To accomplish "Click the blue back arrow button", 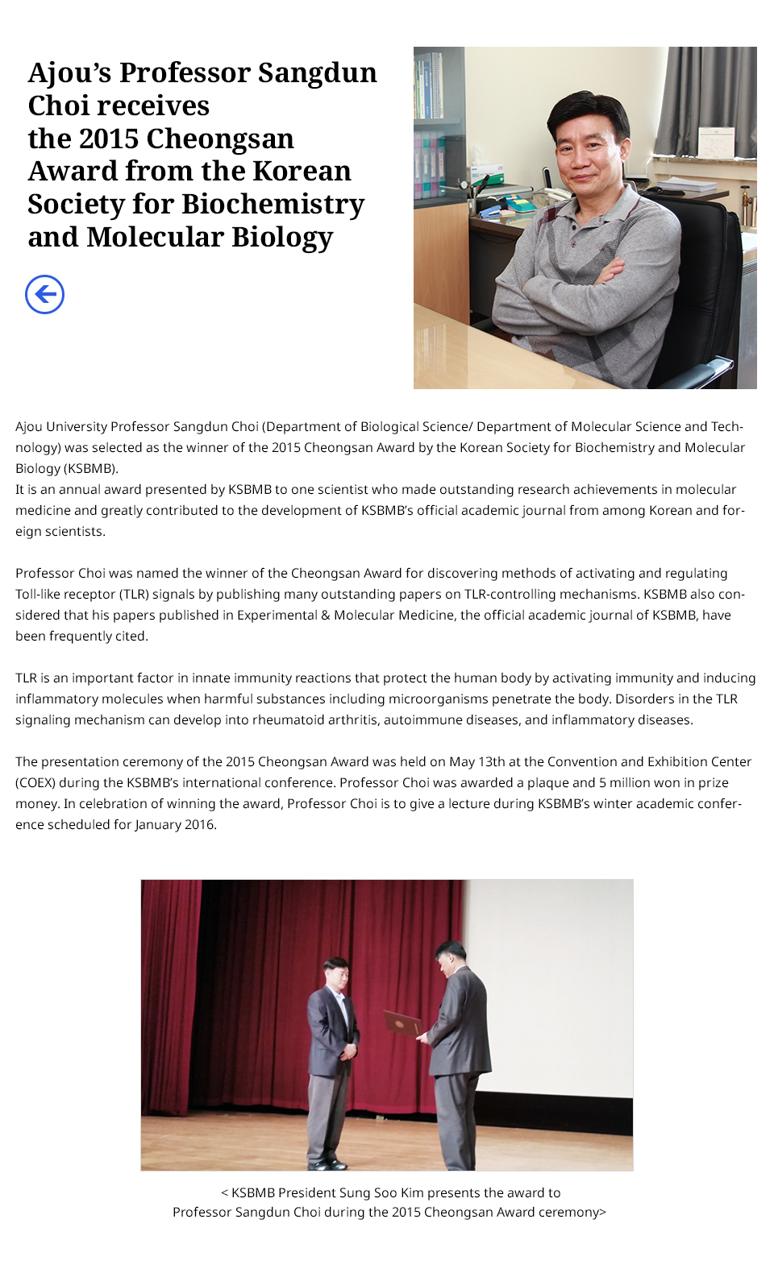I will point(44,294).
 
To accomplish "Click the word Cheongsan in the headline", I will point(227,139).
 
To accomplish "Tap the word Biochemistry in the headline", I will point(273,204).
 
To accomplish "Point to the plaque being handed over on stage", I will point(402,1022).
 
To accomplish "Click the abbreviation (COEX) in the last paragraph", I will point(35,782).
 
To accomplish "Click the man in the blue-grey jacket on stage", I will point(332,1047).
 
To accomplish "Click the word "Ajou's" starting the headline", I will point(70,73).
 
